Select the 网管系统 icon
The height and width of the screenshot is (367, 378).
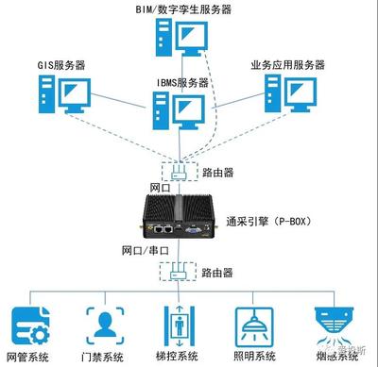pos(27,325)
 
